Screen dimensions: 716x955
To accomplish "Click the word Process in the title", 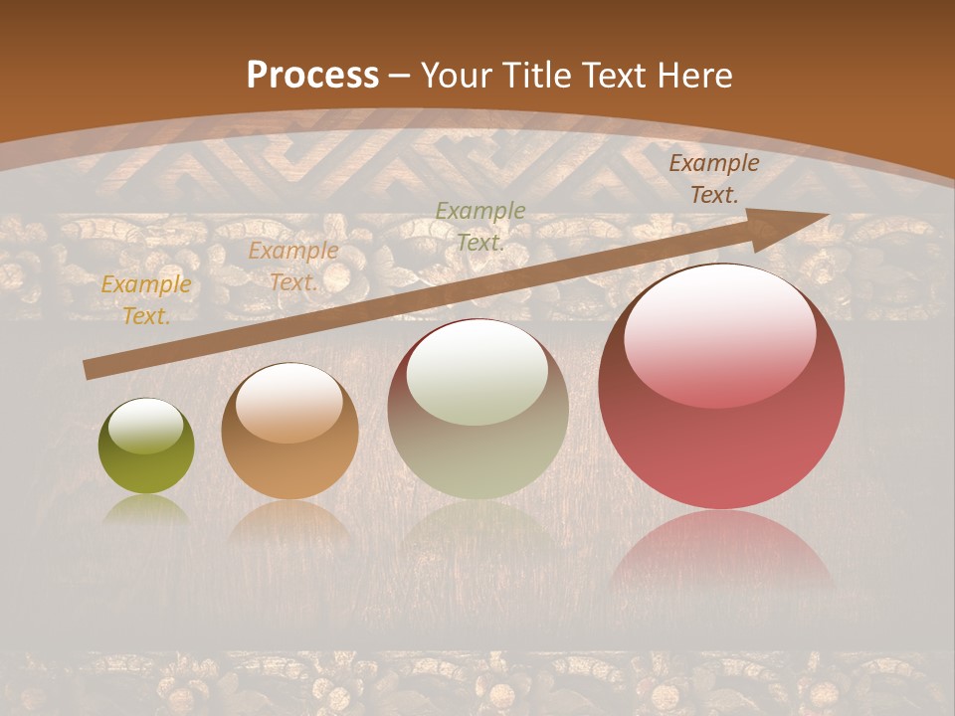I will tap(312, 75).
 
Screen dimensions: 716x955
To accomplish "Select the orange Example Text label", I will tap(293, 267).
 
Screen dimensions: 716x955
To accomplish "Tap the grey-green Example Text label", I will tap(480, 226).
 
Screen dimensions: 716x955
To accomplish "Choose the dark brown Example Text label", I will tap(713, 179).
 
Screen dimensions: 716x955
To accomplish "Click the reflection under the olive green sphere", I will tap(146, 509).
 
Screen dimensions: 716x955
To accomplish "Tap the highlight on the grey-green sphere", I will tap(477, 374).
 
